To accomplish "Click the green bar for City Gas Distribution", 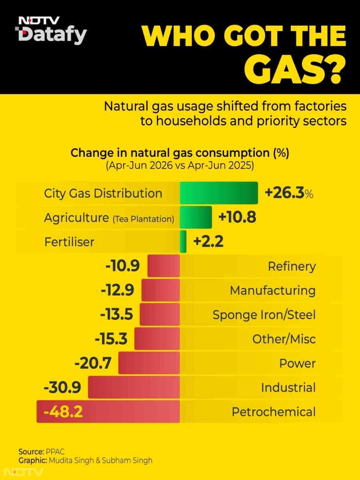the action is pos(219,193).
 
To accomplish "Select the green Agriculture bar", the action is pos(196,217).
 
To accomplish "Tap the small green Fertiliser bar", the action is pos(183,242).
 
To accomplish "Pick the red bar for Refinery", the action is pos(164,266).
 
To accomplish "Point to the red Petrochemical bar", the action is pos(108,412).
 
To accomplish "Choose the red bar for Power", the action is pos(149,363).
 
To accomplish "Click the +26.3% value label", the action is pos(289,193).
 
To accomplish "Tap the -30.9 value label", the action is pos(62,387).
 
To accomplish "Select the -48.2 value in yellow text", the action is pos(63,412).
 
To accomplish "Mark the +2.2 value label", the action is pos(208,242).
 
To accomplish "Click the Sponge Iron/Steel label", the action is pos(264,315).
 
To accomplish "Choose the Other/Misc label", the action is pos(284,339).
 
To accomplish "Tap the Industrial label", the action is pos(288,388).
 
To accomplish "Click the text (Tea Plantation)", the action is pos(143,219).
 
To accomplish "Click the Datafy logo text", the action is pos(53,35).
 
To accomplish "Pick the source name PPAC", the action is pos(55,451).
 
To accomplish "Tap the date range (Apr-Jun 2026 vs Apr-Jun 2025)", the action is pos(180,165).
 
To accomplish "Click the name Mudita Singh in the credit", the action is pos(71,460).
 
